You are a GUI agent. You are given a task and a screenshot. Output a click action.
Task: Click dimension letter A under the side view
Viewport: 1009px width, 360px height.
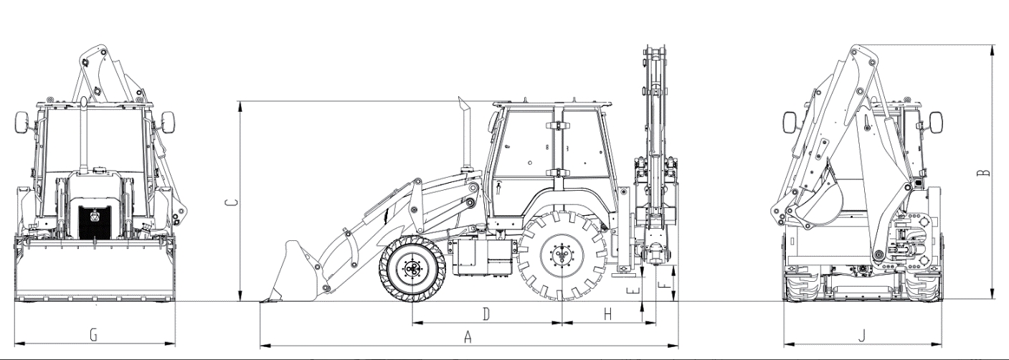pos(468,336)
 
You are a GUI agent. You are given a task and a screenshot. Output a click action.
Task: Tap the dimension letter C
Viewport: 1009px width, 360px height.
pos(231,202)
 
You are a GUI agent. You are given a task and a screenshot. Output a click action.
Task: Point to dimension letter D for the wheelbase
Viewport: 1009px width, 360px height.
pos(486,314)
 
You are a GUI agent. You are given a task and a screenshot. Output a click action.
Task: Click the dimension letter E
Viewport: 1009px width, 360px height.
pos(635,290)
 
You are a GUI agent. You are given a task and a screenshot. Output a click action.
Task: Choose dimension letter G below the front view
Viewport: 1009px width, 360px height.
pos(94,335)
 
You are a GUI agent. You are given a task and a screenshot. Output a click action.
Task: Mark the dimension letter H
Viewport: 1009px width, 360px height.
pos(607,314)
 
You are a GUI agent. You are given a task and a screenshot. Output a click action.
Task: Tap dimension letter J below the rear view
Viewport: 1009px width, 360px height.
pos(862,336)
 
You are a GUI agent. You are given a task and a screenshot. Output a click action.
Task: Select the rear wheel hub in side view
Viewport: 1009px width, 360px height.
pos(562,255)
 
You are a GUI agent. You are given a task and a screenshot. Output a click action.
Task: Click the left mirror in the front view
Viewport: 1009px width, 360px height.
pos(22,122)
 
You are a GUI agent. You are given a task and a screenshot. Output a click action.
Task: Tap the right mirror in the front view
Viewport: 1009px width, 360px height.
pos(168,122)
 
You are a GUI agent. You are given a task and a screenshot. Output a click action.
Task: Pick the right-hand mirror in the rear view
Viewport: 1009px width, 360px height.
pos(936,123)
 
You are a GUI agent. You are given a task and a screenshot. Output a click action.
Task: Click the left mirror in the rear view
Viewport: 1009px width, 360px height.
pos(790,123)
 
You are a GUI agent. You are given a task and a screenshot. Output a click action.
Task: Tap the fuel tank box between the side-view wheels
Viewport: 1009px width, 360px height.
pos(483,257)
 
